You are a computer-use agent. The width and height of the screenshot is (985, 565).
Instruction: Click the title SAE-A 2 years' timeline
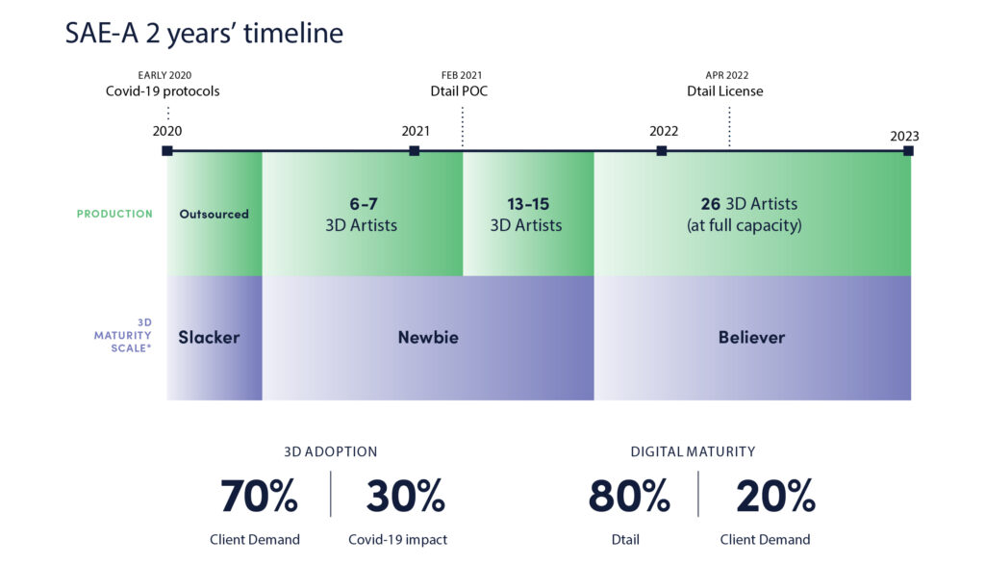[204, 34]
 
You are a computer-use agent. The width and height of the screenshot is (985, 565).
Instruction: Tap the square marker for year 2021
[415, 150]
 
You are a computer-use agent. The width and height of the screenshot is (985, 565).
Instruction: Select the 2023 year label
[904, 136]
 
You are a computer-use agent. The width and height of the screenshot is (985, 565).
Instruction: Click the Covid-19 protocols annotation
[163, 91]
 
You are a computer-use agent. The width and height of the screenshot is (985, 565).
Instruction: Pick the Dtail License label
[725, 91]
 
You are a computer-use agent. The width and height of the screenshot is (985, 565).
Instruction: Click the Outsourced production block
[214, 214]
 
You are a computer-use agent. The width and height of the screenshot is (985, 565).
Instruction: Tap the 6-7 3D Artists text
[360, 214]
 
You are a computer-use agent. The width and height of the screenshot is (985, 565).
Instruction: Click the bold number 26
[711, 204]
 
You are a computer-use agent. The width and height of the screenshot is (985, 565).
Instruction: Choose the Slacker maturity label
[209, 338]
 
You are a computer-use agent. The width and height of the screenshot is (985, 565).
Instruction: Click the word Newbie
[428, 338]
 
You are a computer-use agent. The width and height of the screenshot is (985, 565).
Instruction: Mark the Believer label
[751, 338]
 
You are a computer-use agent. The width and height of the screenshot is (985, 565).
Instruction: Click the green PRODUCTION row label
[114, 214]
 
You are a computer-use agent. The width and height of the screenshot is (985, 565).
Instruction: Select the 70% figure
[259, 497]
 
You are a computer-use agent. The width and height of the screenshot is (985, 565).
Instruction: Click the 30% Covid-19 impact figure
[405, 497]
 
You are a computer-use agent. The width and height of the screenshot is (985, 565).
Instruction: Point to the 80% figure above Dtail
[629, 497]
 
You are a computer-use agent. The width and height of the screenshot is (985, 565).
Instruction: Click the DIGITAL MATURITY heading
[693, 451]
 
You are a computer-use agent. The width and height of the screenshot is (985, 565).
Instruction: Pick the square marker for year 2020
[167, 150]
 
